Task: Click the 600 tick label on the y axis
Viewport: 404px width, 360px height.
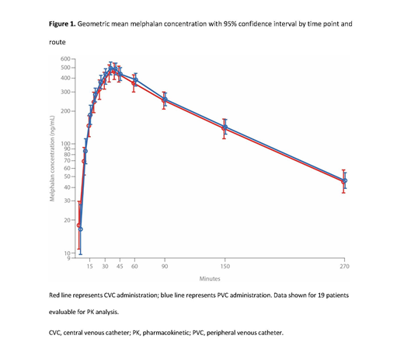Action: tap(66, 60)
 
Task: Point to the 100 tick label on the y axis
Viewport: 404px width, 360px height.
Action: tap(66, 144)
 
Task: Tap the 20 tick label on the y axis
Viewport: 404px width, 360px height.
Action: tap(68, 220)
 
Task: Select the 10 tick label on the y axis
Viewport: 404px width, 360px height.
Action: tap(68, 253)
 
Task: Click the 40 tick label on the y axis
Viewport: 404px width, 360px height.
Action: tap(68, 187)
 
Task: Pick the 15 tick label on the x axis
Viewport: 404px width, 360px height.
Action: tap(89, 266)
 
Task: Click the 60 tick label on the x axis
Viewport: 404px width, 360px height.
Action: tap(134, 266)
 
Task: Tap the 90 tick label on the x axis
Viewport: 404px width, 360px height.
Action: tap(165, 266)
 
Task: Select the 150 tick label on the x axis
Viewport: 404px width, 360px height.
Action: tap(225, 266)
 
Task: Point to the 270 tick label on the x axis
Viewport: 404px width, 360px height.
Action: tap(345, 266)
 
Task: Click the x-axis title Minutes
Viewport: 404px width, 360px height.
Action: tap(210, 278)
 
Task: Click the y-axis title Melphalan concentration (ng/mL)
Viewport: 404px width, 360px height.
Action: tap(53, 159)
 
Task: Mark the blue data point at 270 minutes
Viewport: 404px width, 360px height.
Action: tap(345, 180)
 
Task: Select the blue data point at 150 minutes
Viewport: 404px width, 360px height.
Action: tap(225, 126)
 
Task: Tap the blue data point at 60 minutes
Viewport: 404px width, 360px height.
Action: tap(134, 79)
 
